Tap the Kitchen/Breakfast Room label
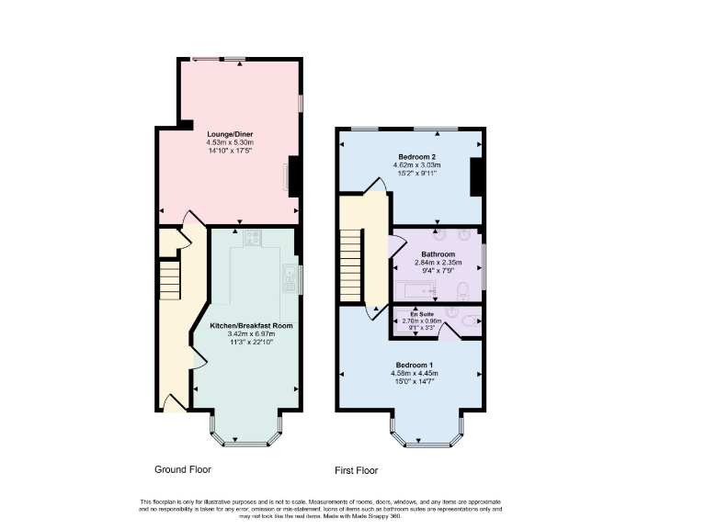(x=251, y=326)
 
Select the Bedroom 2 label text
(x=416, y=156)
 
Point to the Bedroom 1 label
(x=414, y=365)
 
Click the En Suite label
(x=421, y=313)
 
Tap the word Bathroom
(x=438, y=253)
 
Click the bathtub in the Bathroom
(x=421, y=292)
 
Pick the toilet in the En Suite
(x=467, y=321)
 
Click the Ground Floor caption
(x=182, y=469)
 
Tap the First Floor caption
(x=356, y=470)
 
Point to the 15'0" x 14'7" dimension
(x=415, y=382)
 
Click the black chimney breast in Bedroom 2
(x=476, y=177)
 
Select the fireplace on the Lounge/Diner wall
(x=291, y=176)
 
